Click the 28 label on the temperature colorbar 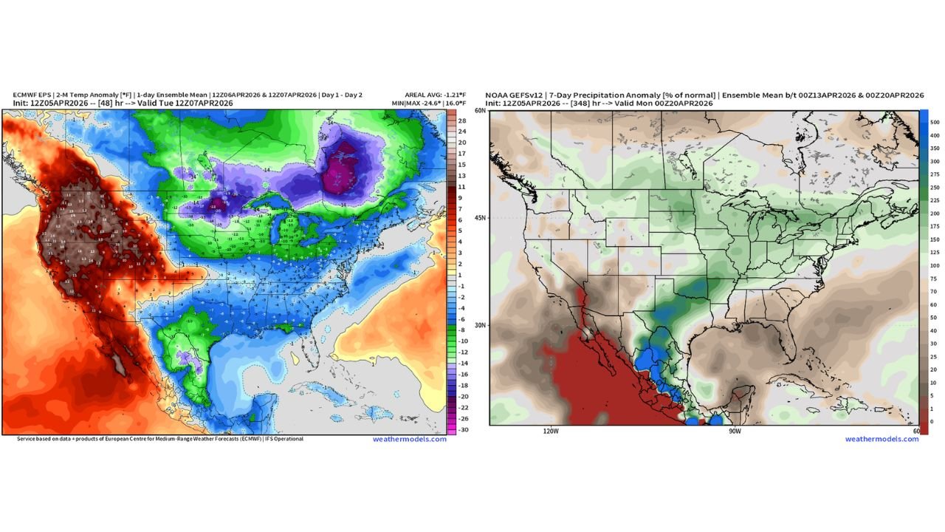point(461,120)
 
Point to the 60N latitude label point(480,111)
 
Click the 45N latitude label point(480,218)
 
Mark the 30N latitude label point(480,325)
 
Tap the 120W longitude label point(551,430)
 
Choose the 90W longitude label point(734,430)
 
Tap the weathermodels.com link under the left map point(409,439)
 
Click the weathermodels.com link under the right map point(882,439)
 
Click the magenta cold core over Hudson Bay point(342,164)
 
